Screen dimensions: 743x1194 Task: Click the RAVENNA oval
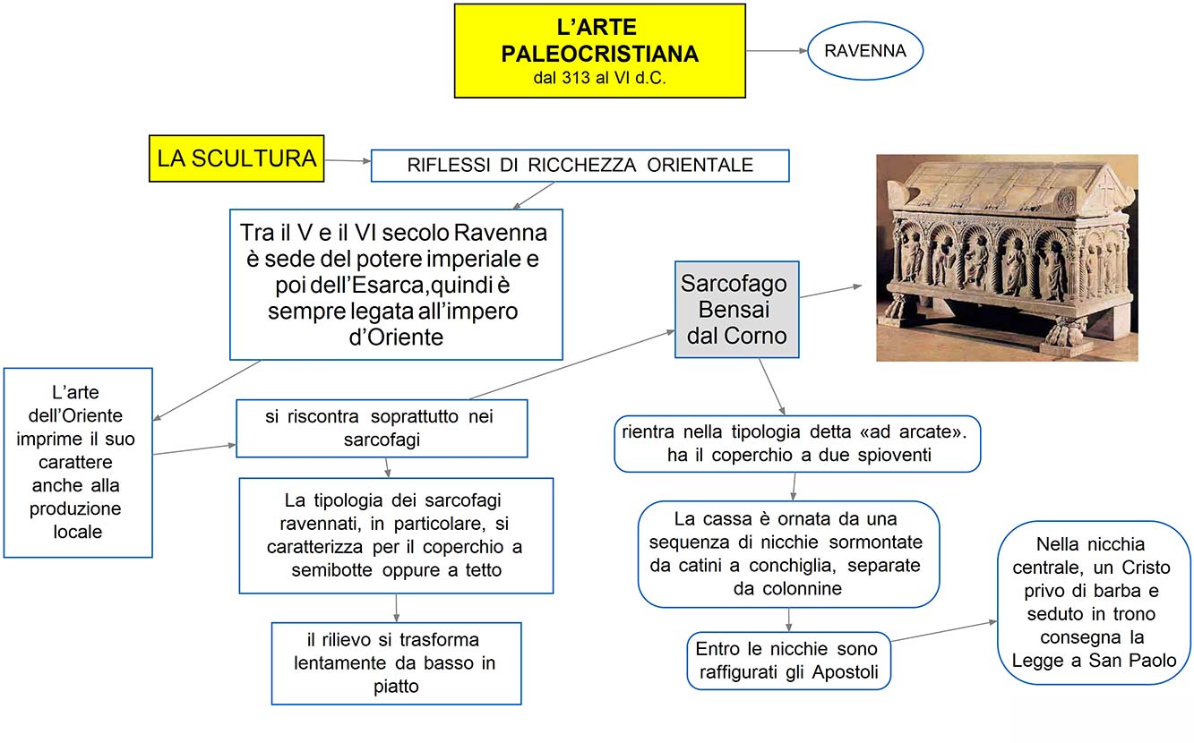[865, 51]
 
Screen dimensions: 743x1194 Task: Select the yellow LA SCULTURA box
[236, 158]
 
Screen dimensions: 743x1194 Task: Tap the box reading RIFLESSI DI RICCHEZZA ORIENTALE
[580, 166]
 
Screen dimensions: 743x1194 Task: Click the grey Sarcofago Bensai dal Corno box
[735, 310]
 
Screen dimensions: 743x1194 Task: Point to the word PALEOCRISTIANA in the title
[600, 54]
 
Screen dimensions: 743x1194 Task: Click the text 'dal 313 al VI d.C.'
[599, 78]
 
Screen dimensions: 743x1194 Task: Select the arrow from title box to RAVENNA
[777, 51]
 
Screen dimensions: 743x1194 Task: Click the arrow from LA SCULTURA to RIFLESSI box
[348, 161]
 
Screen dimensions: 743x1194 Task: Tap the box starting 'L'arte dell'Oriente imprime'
[78, 462]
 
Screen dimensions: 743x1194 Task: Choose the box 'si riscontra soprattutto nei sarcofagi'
[381, 428]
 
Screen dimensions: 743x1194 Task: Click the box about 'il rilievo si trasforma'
[396, 663]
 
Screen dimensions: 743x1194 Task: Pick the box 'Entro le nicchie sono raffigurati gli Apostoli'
[787, 662]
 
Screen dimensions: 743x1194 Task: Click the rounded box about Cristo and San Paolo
[1094, 602]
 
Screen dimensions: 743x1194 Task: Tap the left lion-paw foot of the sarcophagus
[897, 312]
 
